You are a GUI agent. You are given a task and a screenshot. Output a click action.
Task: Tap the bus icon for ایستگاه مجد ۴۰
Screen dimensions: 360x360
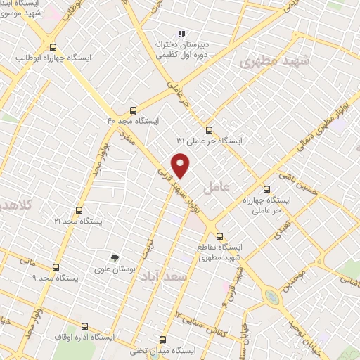133,110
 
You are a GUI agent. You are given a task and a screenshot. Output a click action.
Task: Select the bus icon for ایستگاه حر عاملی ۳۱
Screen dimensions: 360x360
208,130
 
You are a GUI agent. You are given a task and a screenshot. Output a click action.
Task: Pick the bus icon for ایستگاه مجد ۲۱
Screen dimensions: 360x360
78,210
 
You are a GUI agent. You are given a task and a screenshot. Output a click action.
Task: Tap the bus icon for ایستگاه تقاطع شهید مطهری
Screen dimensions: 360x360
220,236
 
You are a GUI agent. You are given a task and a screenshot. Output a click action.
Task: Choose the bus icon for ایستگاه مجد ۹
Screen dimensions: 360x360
56,267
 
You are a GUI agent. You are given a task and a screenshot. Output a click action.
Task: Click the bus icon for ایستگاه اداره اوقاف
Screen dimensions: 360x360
85,326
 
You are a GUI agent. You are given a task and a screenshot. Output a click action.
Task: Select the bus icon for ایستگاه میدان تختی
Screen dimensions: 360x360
163,339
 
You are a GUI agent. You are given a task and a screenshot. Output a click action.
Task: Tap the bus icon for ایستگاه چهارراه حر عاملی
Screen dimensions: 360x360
266,188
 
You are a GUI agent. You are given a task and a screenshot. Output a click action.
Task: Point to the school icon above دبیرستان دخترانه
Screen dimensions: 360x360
181,33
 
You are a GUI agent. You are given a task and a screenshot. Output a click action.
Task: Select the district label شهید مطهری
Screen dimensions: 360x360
270,63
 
